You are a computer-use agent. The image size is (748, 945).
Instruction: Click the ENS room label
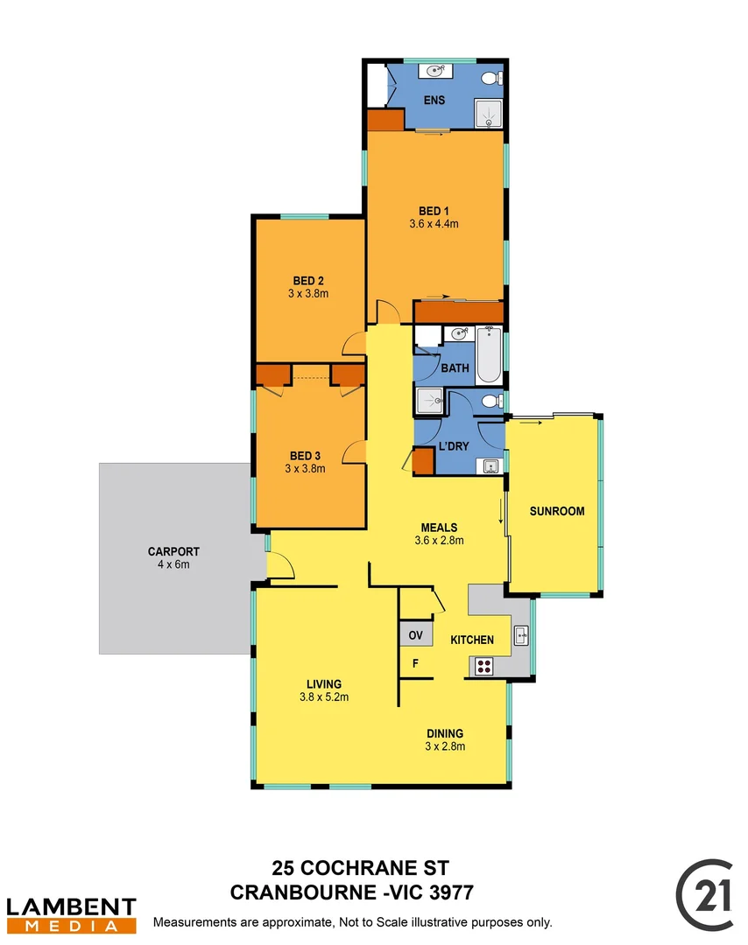click(434, 101)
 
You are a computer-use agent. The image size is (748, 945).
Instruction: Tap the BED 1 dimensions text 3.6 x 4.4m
click(434, 224)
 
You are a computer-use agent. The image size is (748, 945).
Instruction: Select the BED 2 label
click(309, 281)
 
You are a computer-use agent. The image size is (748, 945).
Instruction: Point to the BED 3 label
click(305, 456)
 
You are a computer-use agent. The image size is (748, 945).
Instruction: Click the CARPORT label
click(173, 552)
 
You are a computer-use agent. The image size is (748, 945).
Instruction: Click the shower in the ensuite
click(488, 115)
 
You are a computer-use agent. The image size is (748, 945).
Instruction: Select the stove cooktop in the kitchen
click(483, 667)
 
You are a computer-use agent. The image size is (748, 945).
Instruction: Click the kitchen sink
click(520, 636)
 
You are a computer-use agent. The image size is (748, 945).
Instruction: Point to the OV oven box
click(415, 633)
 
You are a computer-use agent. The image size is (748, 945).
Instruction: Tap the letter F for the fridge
click(416, 663)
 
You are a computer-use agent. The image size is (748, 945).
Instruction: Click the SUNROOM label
click(556, 512)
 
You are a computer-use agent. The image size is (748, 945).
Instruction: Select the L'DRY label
click(454, 446)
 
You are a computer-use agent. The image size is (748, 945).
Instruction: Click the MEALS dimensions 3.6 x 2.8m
click(439, 541)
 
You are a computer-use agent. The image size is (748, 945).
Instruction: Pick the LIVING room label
click(323, 684)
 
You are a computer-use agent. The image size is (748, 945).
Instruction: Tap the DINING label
click(445, 733)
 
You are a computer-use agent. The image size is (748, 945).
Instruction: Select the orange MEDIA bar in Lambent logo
click(71, 926)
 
